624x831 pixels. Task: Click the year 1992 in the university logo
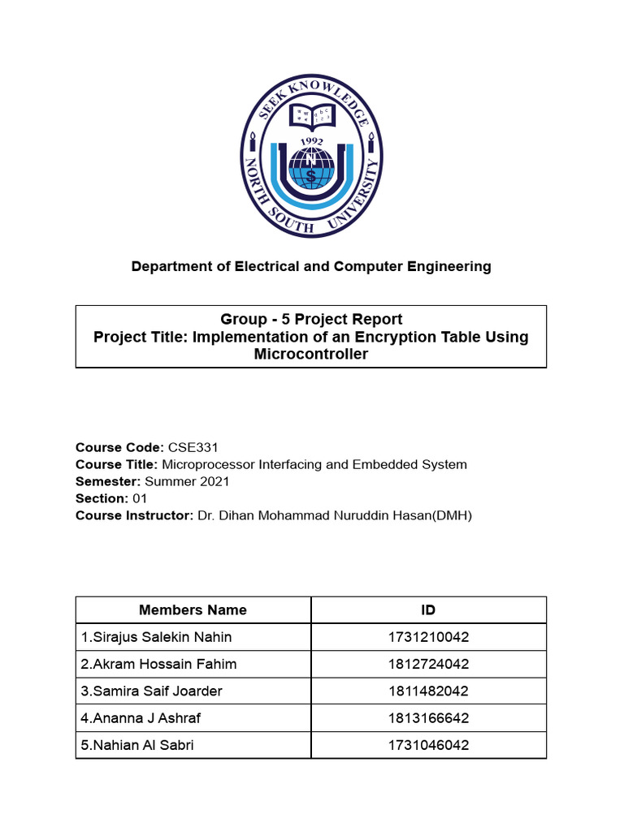[311, 141]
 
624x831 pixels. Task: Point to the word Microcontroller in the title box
[311, 354]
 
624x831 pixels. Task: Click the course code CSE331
[193, 447]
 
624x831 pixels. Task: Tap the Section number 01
[140, 498]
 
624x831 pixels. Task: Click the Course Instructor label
[134, 515]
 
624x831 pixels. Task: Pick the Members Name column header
[193, 610]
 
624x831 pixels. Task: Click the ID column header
[428, 610]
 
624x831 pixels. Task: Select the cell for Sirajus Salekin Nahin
[156, 637]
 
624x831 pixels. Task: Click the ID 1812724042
[428, 664]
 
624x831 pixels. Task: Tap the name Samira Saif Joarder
[151, 691]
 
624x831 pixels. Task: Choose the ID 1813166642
[428, 718]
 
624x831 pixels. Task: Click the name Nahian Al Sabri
[137, 745]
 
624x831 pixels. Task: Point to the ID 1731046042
[428, 745]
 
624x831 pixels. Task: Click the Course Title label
[116, 464]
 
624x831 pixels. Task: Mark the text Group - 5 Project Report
[311, 319]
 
